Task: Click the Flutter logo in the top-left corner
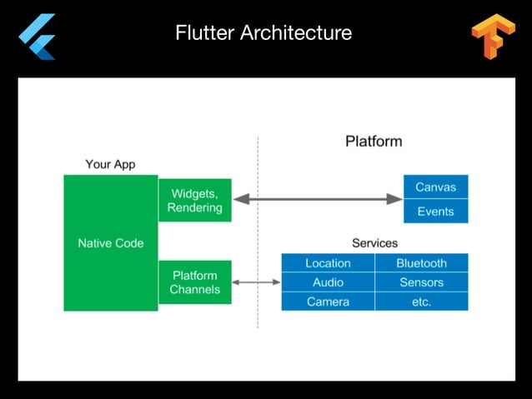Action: click(x=38, y=37)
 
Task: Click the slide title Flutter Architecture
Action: click(x=263, y=33)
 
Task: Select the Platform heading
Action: click(x=374, y=141)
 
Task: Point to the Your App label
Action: click(x=110, y=164)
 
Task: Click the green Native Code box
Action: click(x=111, y=243)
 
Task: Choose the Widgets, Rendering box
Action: click(x=195, y=200)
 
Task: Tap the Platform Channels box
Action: click(x=195, y=282)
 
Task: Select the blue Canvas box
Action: click(x=435, y=187)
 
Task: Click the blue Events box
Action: click(x=435, y=211)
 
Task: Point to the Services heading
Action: click(x=374, y=243)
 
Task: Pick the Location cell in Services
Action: click(x=328, y=263)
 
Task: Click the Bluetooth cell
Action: click(x=421, y=263)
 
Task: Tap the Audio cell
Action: click(x=328, y=282)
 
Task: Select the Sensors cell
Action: click(x=421, y=282)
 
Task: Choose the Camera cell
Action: click(x=328, y=302)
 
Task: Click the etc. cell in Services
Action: click(x=421, y=302)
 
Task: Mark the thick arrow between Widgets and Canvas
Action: click(x=318, y=199)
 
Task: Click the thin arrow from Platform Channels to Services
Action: click(x=256, y=282)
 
